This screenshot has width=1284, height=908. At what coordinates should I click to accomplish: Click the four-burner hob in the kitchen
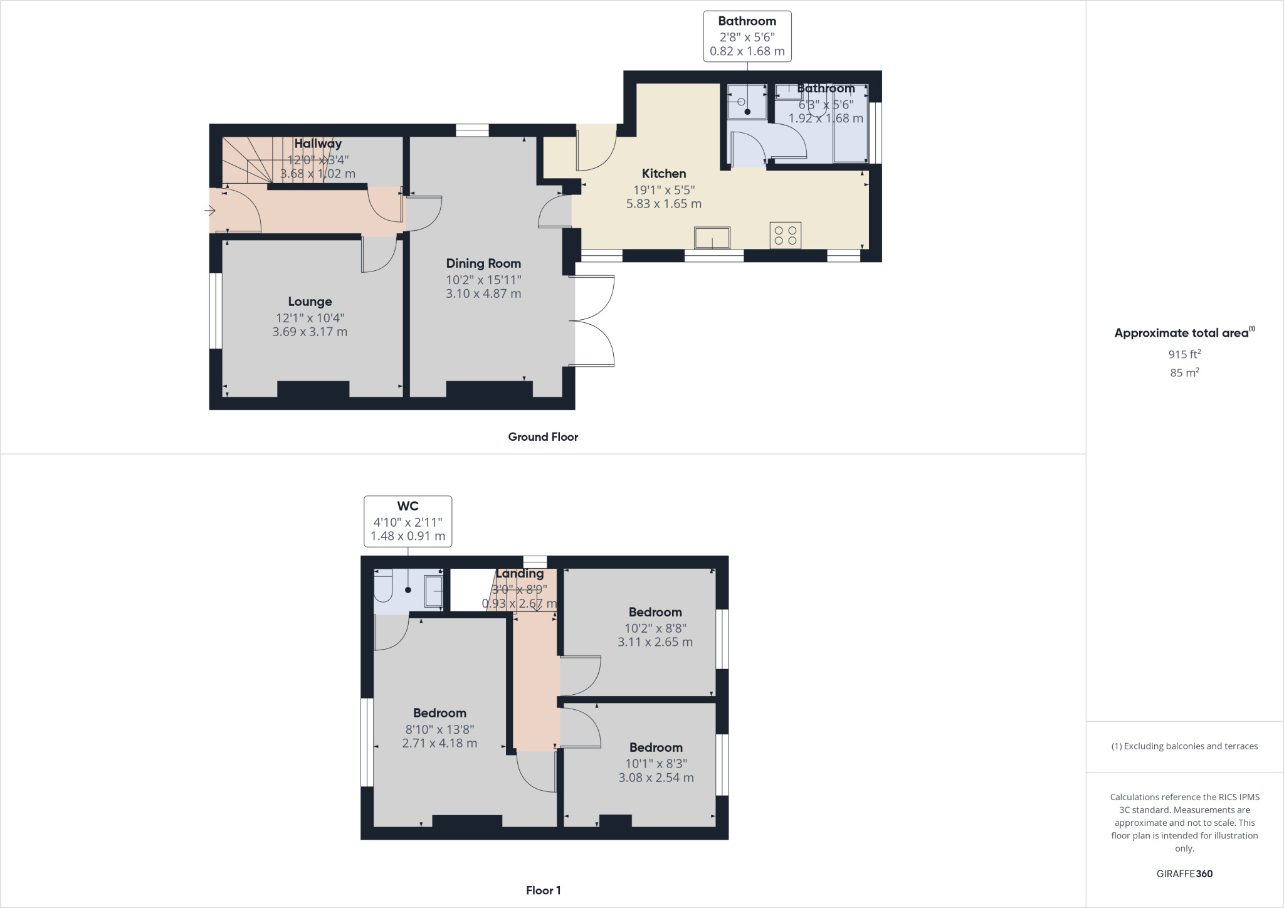pyautogui.click(x=786, y=236)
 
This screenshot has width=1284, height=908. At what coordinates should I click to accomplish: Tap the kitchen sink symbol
pyautogui.click(x=712, y=238)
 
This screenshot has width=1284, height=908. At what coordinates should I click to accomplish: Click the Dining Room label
pyautogui.click(x=483, y=263)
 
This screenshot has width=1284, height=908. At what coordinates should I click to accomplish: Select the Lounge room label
pyautogui.click(x=310, y=302)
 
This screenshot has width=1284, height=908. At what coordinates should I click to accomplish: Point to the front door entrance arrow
pyautogui.click(x=210, y=211)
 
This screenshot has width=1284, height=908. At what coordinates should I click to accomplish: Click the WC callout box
pyautogui.click(x=408, y=521)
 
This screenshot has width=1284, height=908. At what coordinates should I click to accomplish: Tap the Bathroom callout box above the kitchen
pyautogui.click(x=747, y=36)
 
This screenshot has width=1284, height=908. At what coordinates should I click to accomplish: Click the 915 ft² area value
pyautogui.click(x=1184, y=354)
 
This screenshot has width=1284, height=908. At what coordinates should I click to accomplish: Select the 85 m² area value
pyautogui.click(x=1184, y=372)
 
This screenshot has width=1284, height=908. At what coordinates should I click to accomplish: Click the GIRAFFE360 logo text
pyautogui.click(x=1184, y=874)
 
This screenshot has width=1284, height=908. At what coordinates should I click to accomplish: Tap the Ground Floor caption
pyautogui.click(x=543, y=437)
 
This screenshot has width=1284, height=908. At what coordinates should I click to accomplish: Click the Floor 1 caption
pyautogui.click(x=543, y=890)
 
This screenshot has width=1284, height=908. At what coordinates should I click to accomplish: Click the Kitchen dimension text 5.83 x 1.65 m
pyautogui.click(x=664, y=204)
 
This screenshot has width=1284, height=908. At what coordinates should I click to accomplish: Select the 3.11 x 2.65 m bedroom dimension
pyautogui.click(x=655, y=642)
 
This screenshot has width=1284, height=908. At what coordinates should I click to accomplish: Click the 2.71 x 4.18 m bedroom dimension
pyautogui.click(x=439, y=743)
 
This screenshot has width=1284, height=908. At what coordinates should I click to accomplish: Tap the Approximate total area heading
pyautogui.click(x=1181, y=334)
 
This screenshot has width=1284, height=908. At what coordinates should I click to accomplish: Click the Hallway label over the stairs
pyautogui.click(x=318, y=144)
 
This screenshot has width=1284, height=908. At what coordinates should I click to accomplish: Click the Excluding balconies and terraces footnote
pyautogui.click(x=1184, y=746)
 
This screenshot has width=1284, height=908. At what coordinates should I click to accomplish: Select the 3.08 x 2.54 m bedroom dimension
pyautogui.click(x=656, y=778)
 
